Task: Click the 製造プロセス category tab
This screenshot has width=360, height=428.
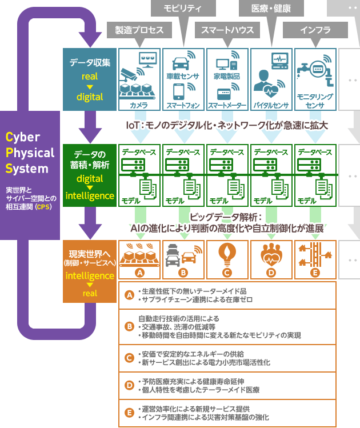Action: point(139,30)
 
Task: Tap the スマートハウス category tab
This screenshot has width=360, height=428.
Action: point(227,30)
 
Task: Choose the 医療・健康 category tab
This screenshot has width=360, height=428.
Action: point(272,8)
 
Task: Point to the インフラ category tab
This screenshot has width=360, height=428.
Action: point(315,30)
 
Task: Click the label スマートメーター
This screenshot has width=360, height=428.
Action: point(227,106)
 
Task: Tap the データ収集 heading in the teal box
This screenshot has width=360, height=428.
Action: point(86,63)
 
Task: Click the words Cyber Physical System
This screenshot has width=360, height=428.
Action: point(30,153)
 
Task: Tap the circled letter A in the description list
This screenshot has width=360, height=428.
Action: point(129,295)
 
